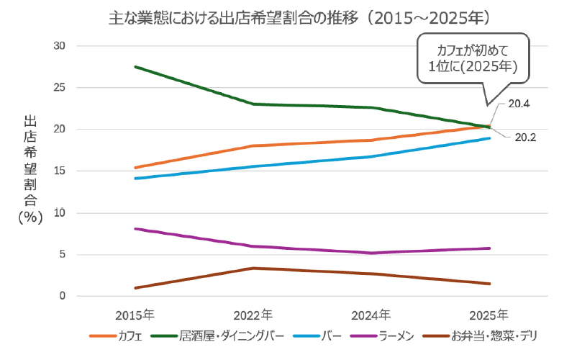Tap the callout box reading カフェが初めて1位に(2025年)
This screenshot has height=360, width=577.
click(x=473, y=59)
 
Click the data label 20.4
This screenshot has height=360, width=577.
click(x=519, y=104)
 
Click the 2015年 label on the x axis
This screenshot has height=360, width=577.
click(x=135, y=315)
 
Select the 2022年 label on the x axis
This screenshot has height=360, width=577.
click(x=253, y=315)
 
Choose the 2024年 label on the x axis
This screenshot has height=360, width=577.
click(x=371, y=315)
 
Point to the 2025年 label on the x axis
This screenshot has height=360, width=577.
click(x=489, y=315)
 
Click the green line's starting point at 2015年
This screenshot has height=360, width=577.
click(x=135, y=67)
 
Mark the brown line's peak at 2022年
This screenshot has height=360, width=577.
click(x=253, y=269)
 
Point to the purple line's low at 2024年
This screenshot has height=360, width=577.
click(x=371, y=253)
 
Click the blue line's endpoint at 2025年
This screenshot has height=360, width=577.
click(x=490, y=138)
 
